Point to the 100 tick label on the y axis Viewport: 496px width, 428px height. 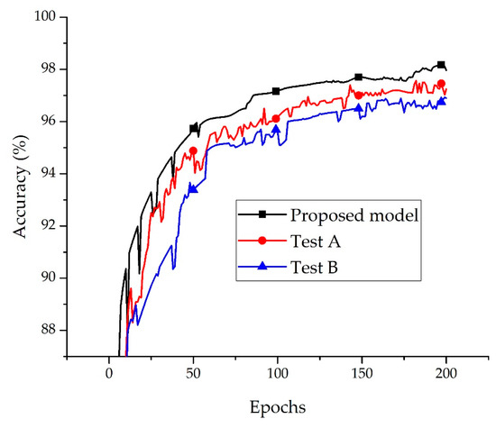[x=41, y=17]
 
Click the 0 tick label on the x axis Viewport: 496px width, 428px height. [x=108, y=374]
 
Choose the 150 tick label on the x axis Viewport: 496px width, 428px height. [x=361, y=374]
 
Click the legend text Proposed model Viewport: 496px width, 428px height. [x=346, y=214]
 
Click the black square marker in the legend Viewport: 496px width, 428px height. [x=262, y=214]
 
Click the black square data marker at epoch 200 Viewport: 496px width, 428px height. [x=441, y=65]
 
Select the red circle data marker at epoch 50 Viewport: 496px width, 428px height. [x=193, y=150]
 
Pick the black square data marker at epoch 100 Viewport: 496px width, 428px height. [x=276, y=91]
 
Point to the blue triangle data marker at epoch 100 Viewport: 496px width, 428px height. [x=276, y=129]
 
